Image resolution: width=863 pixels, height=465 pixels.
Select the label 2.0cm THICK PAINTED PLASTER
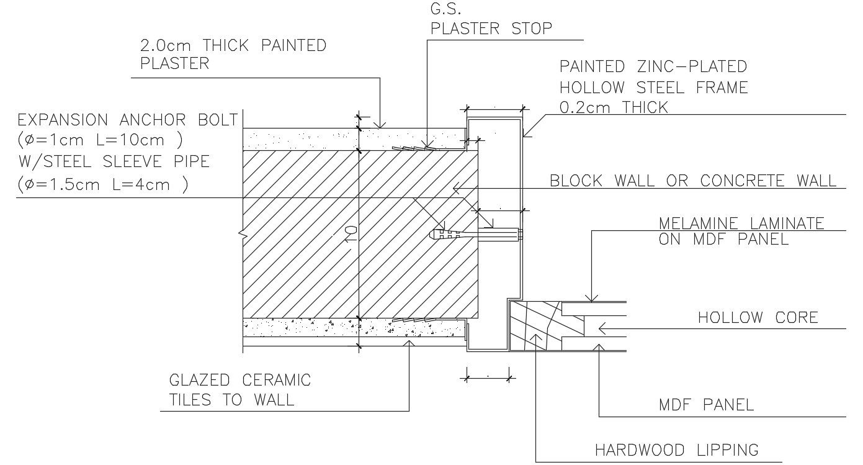click(x=233, y=54)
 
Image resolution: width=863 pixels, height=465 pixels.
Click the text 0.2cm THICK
click(x=613, y=107)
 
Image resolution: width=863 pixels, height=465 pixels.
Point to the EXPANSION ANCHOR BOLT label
click(x=127, y=120)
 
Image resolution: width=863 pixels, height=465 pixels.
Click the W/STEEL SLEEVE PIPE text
click(x=113, y=162)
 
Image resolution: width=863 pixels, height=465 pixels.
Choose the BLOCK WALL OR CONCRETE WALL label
click(x=693, y=181)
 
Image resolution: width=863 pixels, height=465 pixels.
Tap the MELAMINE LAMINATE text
click(x=741, y=223)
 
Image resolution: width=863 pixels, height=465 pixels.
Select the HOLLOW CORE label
click(x=758, y=318)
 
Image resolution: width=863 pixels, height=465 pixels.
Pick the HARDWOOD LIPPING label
click(x=676, y=450)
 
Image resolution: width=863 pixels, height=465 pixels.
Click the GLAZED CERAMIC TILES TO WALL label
click(x=239, y=389)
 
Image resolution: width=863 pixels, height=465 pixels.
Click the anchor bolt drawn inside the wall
click(x=475, y=235)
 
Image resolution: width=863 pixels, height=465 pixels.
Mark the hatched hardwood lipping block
click(x=532, y=325)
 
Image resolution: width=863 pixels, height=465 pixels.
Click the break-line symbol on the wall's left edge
click(x=241, y=235)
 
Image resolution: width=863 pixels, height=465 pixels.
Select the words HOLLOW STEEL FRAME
click(x=653, y=88)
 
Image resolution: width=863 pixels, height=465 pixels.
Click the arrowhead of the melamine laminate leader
click(x=592, y=298)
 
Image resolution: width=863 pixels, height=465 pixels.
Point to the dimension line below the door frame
click(x=488, y=376)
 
